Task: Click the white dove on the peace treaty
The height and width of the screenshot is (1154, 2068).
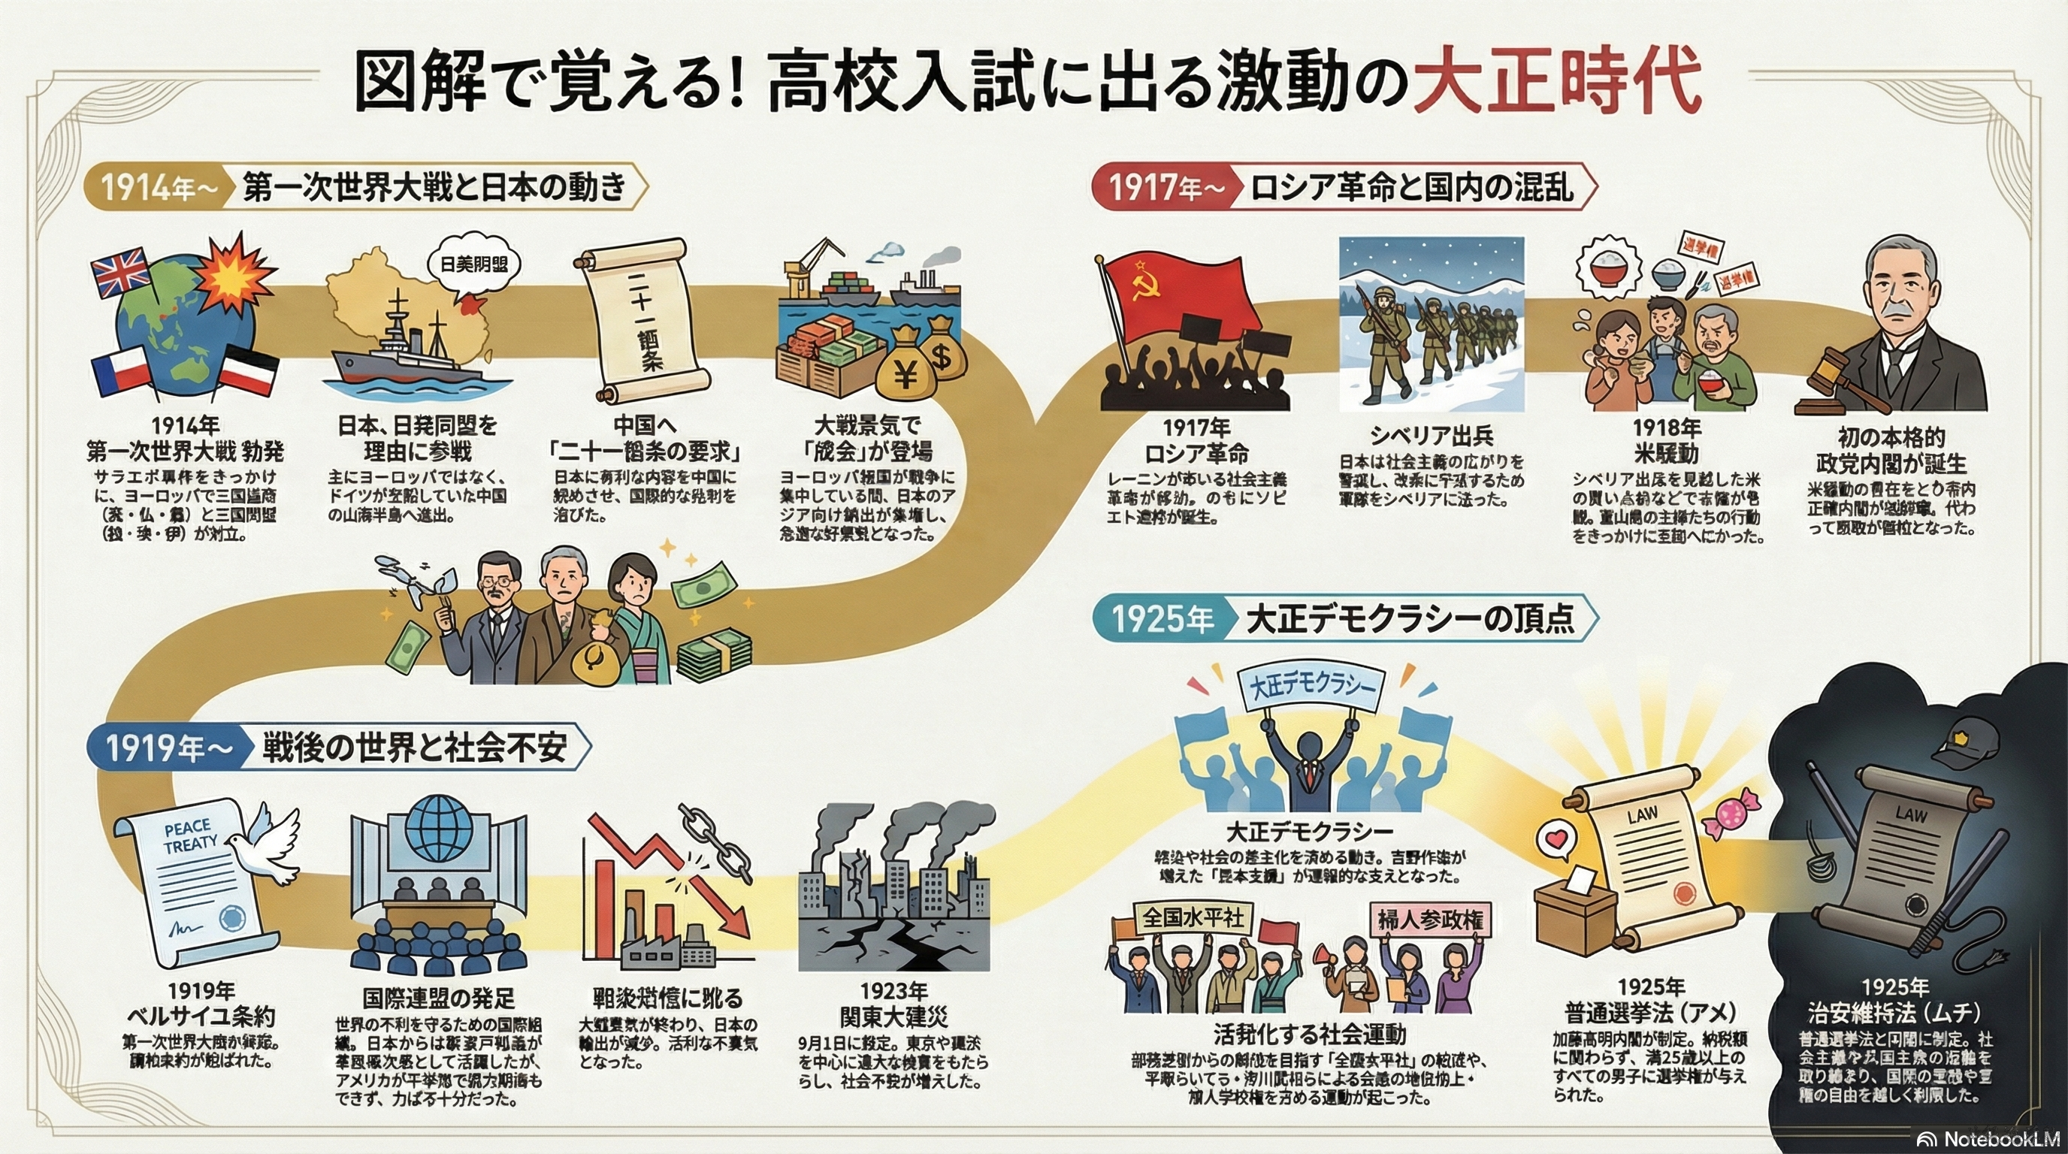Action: [265, 847]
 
